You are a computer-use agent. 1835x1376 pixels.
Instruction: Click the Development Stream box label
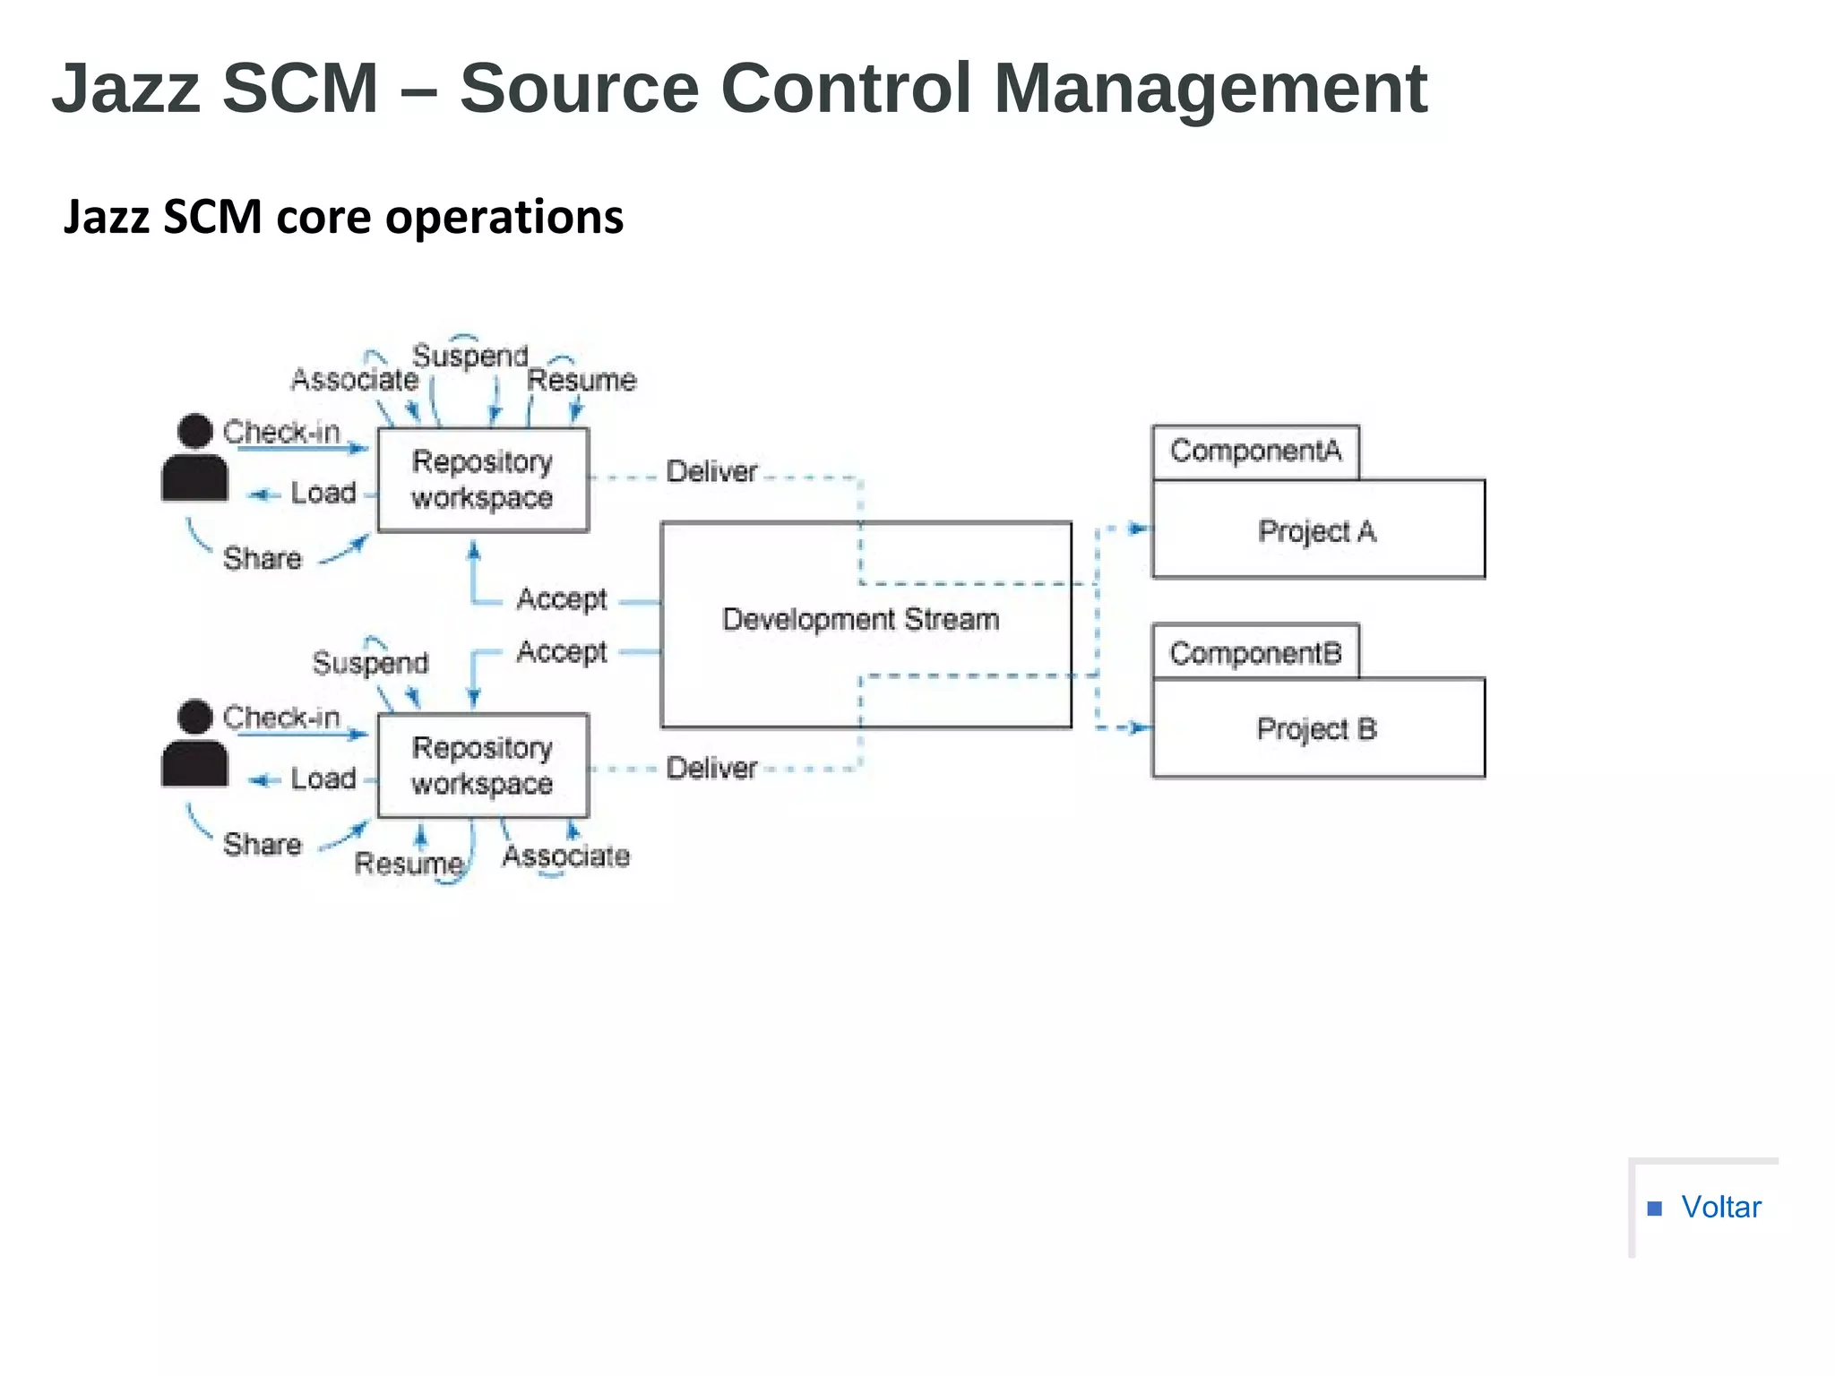(860, 619)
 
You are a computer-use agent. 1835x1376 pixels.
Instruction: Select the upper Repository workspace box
(483, 480)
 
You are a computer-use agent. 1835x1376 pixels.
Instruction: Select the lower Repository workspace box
(483, 766)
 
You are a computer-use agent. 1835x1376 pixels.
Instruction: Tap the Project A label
(1316, 531)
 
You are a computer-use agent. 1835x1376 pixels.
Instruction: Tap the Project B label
(1316, 729)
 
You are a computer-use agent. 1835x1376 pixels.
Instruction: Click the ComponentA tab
(1255, 451)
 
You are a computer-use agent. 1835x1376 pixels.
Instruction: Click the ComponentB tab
(1255, 653)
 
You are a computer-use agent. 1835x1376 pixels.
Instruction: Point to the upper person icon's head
(194, 431)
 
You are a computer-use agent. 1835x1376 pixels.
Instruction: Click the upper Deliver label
(711, 471)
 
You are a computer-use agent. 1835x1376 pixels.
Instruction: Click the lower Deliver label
(711, 768)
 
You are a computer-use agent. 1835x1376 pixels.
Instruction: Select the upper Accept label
(561, 598)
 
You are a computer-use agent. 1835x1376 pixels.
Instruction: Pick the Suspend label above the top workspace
(470, 357)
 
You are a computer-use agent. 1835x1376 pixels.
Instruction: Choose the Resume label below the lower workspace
(409, 864)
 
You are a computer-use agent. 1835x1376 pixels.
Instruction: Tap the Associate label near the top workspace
(355, 380)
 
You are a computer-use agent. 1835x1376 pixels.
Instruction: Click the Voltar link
(1720, 1207)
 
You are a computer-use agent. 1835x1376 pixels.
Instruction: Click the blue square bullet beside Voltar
(1655, 1208)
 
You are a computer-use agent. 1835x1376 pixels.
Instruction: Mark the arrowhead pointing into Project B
(1141, 727)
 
